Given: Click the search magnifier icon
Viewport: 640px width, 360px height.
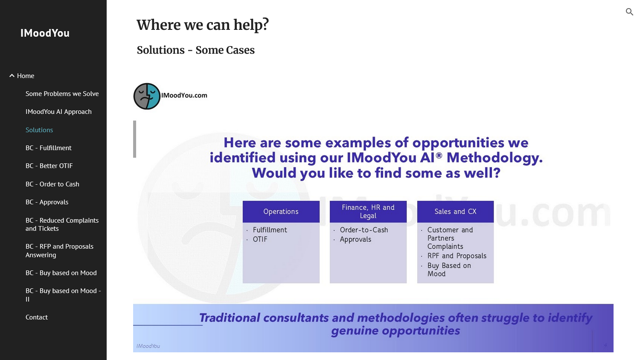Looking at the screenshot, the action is coord(629,12).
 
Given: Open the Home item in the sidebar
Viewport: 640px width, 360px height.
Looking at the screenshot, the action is coord(26,76).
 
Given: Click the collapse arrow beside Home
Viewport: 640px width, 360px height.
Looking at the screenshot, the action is coord(12,76).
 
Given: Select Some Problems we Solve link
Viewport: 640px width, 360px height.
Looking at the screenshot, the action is coord(62,94).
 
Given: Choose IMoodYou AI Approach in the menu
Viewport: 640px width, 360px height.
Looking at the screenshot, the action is coord(58,112).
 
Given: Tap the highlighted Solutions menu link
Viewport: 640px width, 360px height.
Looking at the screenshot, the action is coord(39,130).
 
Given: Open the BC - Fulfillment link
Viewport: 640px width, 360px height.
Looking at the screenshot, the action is coord(49,148).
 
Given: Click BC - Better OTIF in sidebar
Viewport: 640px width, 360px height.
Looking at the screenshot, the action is coord(49,166).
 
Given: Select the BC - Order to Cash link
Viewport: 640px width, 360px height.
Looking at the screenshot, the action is coord(52,184).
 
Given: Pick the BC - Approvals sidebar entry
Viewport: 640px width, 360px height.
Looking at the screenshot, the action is coord(47,202).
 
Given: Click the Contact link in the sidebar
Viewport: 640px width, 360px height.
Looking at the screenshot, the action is coord(37,317).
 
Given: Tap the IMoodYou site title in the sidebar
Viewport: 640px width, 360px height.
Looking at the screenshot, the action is coord(45,33).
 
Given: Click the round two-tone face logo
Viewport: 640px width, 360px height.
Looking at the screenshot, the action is coord(147,96).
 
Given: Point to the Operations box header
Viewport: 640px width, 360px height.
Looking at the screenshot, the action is coord(281,212).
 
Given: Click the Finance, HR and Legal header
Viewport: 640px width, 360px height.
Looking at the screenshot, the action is coord(368,212).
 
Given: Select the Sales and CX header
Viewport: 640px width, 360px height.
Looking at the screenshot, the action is coord(455,212).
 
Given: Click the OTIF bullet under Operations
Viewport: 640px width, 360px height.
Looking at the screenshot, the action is coord(260,239).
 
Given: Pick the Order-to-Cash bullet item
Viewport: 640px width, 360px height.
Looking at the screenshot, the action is coord(364,230).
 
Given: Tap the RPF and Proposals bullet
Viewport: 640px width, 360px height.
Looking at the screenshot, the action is coord(457,256).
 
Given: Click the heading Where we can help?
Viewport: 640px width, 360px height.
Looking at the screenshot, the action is coord(203,25).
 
